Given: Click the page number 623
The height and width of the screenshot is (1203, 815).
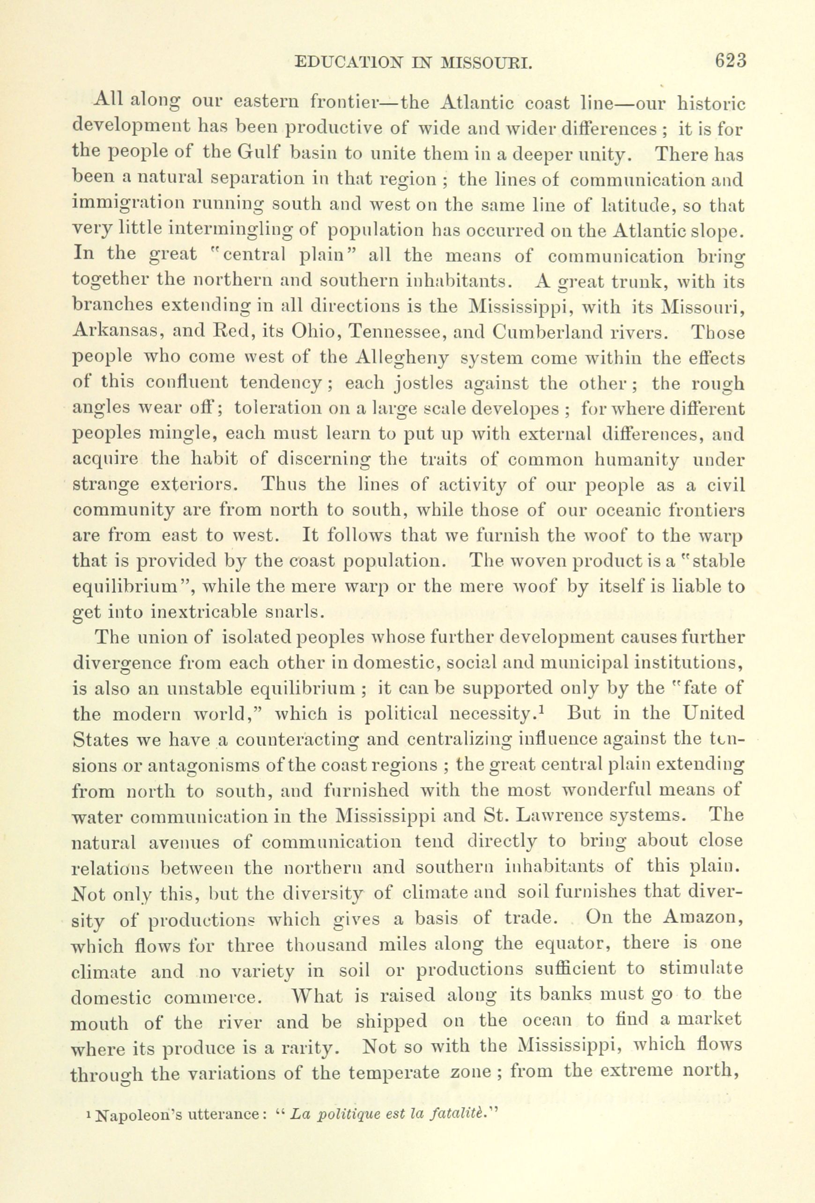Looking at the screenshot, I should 731,60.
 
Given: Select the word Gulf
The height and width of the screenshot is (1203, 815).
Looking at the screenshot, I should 258,154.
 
